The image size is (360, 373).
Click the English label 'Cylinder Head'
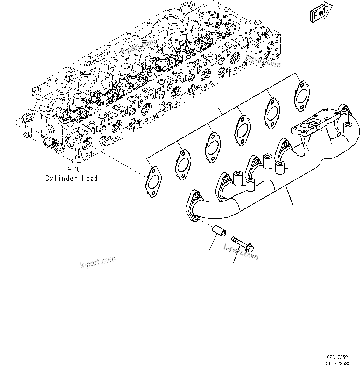click(71, 178)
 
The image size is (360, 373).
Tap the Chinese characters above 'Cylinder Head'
click(71, 170)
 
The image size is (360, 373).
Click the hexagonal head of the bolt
click(250, 247)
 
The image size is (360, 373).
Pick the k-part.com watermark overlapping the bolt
click(241, 252)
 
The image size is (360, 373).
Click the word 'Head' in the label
click(90, 178)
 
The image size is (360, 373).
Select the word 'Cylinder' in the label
click(60, 178)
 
